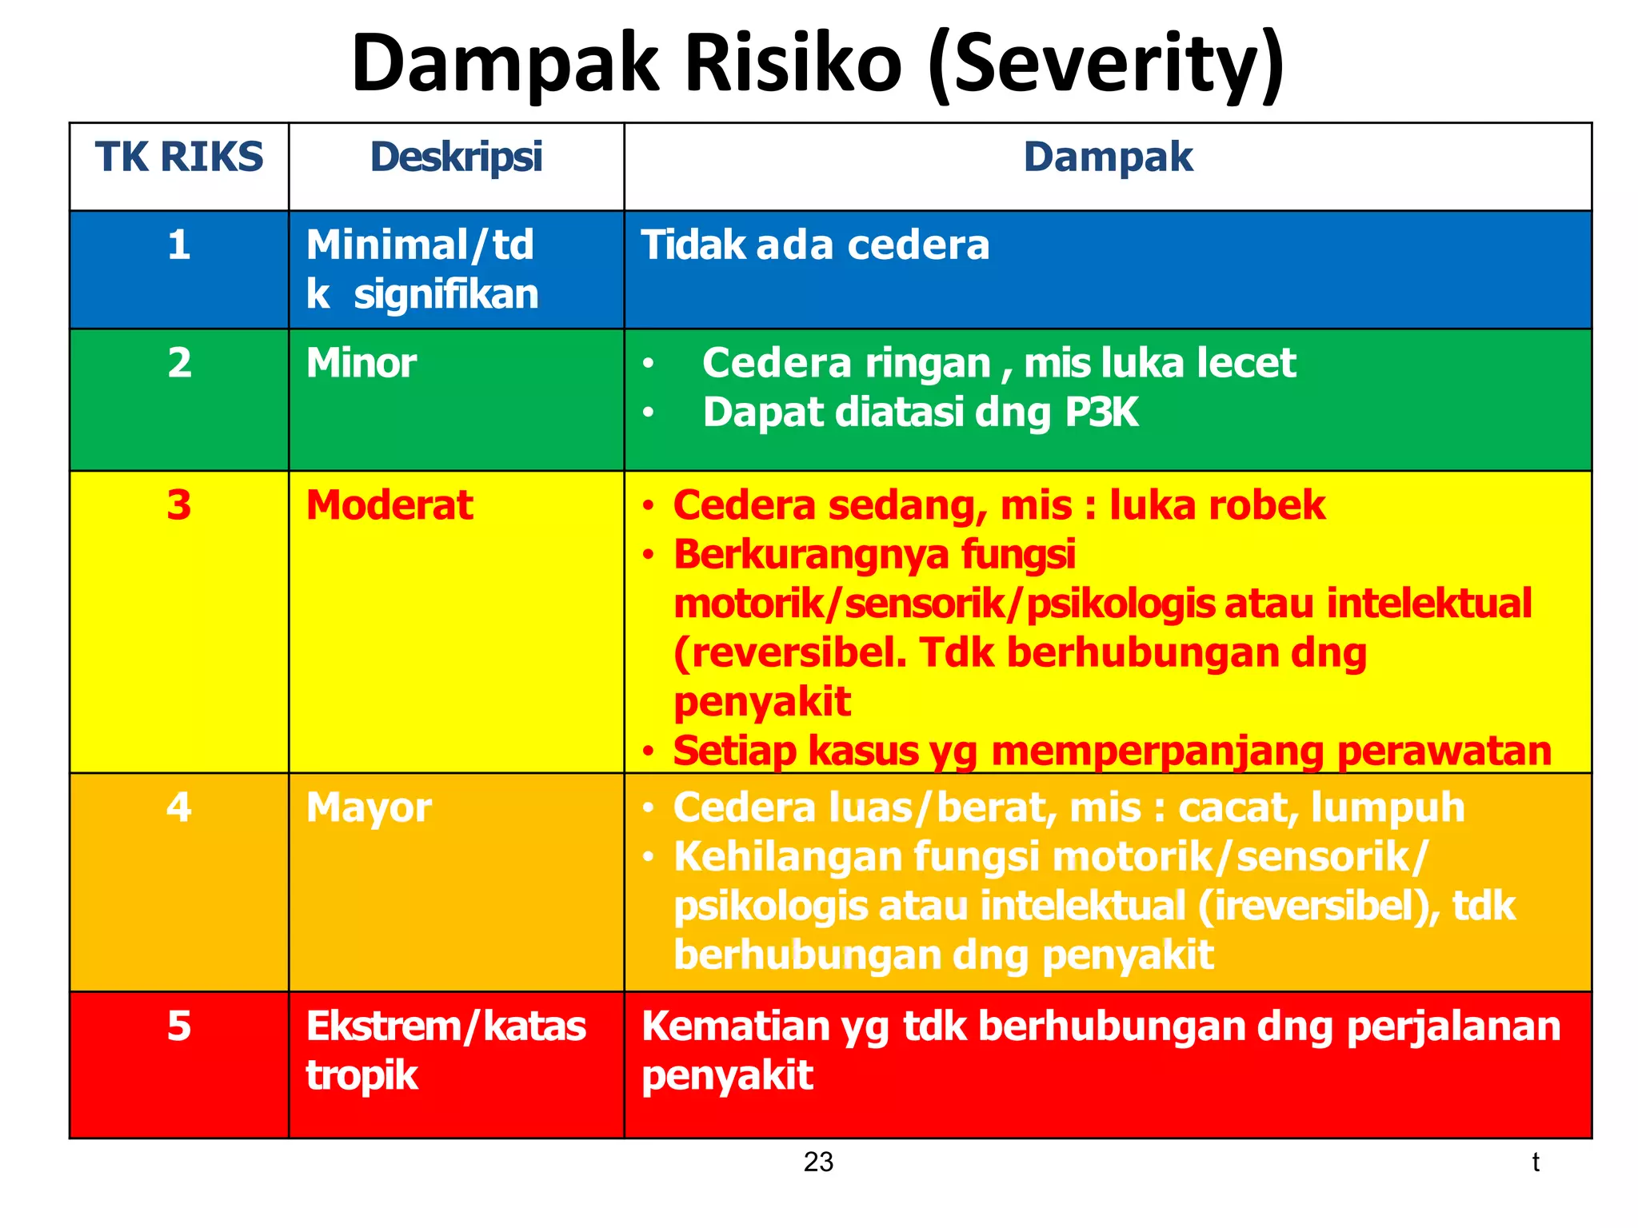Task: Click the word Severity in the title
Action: [x=1107, y=64]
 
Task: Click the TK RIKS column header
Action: [x=179, y=157]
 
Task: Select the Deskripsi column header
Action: [x=456, y=157]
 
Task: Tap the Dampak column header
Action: [x=1108, y=157]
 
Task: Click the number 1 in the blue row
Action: [x=179, y=245]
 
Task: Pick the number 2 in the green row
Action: [x=179, y=363]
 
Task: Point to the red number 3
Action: [x=179, y=505]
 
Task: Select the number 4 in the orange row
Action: [x=179, y=807]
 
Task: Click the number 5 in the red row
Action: [x=179, y=1026]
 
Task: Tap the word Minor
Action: [x=362, y=363]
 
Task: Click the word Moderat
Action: [x=390, y=505]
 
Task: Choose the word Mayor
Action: [x=369, y=807]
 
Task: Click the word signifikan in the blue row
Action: [x=446, y=294]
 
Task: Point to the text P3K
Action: [x=1101, y=413]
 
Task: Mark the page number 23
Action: [x=818, y=1162]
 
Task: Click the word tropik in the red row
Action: [x=362, y=1076]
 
